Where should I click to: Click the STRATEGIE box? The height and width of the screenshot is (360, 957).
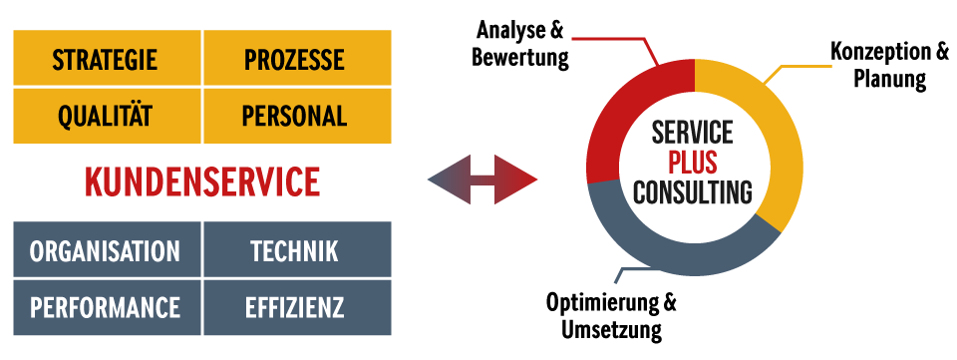[x=107, y=59]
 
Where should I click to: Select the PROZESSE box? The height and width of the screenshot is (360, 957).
[x=297, y=59]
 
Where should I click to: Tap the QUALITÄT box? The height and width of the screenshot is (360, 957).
[x=107, y=116]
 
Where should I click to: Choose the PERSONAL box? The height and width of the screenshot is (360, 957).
[x=297, y=116]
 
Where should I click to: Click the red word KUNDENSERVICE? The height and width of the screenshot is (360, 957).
[x=202, y=182]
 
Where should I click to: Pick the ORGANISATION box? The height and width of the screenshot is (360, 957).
[x=107, y=250]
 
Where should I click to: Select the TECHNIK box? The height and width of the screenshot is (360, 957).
[x=297, y=250]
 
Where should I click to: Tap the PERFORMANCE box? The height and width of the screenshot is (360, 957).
[x=107, y=307]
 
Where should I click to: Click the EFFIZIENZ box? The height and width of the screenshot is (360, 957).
[x=297, y=307]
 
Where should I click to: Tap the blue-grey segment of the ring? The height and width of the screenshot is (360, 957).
[x=678, y=249]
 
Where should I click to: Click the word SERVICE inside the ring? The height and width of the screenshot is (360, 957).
[x=693, y=132]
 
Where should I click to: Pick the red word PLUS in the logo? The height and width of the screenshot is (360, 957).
[x=693, y=162]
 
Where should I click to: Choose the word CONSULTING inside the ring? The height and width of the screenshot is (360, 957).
[x=693, y=191]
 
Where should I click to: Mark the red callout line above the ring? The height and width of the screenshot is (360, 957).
[x=608, y=40]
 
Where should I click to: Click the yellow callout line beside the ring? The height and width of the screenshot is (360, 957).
[x=802, y=67]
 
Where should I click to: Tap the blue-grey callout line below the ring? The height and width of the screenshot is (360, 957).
[x=638, y=269]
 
